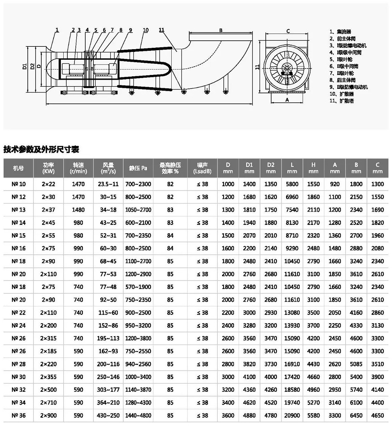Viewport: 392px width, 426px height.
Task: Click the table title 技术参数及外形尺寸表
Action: pos(41,149)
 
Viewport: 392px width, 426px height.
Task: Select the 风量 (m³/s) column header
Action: pos(108,168)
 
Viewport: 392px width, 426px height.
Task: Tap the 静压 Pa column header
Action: pos(138,168)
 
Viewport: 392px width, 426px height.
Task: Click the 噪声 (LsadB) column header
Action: pos(202,168)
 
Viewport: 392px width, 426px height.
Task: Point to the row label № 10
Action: pos(19,184)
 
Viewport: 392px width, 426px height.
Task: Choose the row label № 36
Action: pos(19,415)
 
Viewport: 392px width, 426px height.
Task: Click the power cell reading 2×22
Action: pos(48,184)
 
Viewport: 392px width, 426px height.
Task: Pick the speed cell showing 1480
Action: pos(78,210)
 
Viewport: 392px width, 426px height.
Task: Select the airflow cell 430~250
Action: pos(108,415)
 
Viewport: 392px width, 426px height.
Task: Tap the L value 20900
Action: pos(292,415)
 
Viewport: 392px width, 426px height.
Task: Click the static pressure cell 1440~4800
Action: pos(138,415)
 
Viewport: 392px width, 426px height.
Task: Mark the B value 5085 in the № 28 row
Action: pos(356,364)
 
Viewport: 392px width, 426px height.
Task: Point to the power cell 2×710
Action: pos(48,403)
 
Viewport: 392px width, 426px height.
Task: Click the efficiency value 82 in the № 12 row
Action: pos(170,197)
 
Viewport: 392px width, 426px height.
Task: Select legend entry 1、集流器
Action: pos(341,32)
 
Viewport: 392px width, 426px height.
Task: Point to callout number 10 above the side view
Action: pos(146,30)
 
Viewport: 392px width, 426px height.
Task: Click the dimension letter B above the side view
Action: pos(221,30)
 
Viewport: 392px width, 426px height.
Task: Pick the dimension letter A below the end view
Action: pos(287,100)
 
